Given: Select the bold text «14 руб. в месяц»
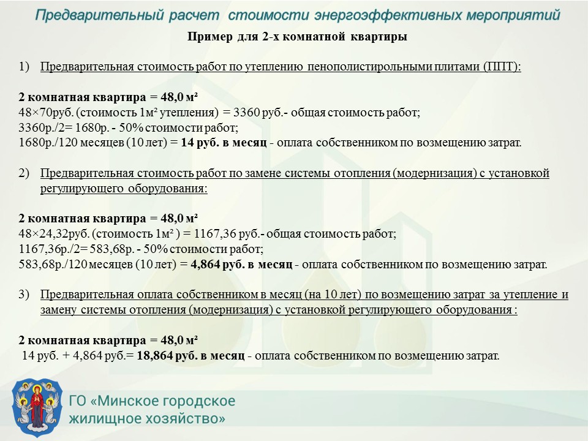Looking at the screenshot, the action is tap(224, 143).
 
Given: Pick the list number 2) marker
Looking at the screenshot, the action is tap(24, 173).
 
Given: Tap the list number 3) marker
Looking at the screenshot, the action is tap(24, 295).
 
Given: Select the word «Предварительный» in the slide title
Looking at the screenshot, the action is tap(100, 15).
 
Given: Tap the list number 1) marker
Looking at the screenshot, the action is tap(24, 67).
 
